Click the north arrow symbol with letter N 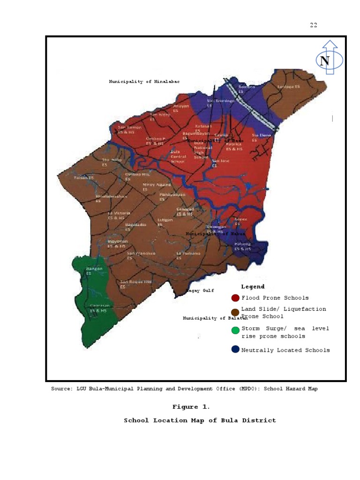[x=330, y=60]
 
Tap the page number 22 [x=313, y=25]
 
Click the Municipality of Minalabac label [x=144, y=82]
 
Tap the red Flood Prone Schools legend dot [x=235, y=298]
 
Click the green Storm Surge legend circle [x=235, y=330]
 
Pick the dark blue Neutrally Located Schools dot [x=235, y=350]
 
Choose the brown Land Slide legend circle [x=235, y=312]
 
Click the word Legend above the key [x=253, y=287]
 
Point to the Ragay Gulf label [x=200, y=291]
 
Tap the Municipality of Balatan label [x=215, y=318]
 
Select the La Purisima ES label [x=188, y=255]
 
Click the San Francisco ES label [x=141, y=255]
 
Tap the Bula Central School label [x=178, y=157]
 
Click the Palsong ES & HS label [x=243, y=247]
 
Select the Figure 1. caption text [x=193, y=407]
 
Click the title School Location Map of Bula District [x=200, y=420]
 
